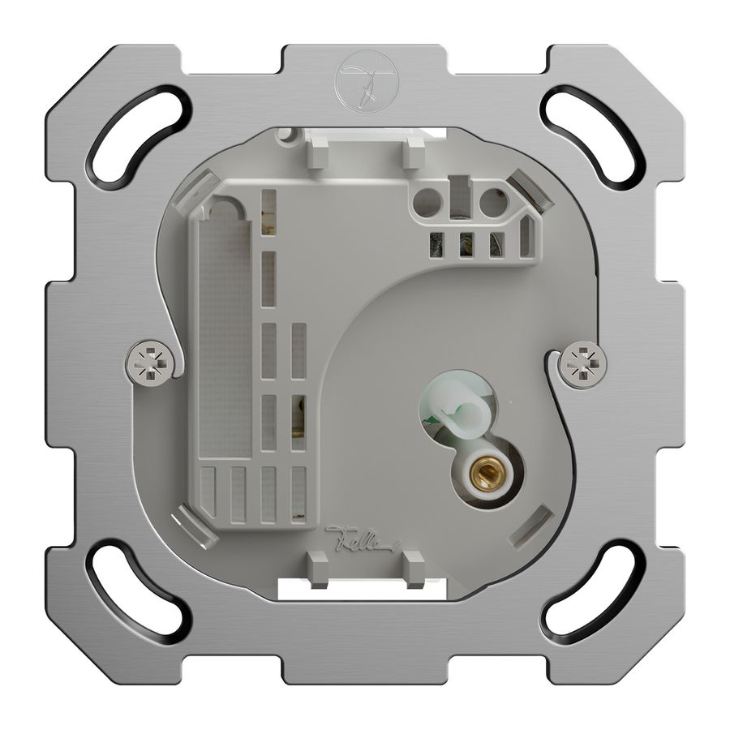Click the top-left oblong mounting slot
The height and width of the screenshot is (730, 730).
139,133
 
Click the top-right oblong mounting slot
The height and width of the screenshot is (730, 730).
590,133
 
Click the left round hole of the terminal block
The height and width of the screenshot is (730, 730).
427,203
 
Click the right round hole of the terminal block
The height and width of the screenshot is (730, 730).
492,202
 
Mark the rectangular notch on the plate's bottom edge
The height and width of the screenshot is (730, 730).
364,677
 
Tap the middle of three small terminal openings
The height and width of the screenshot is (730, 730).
467,243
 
